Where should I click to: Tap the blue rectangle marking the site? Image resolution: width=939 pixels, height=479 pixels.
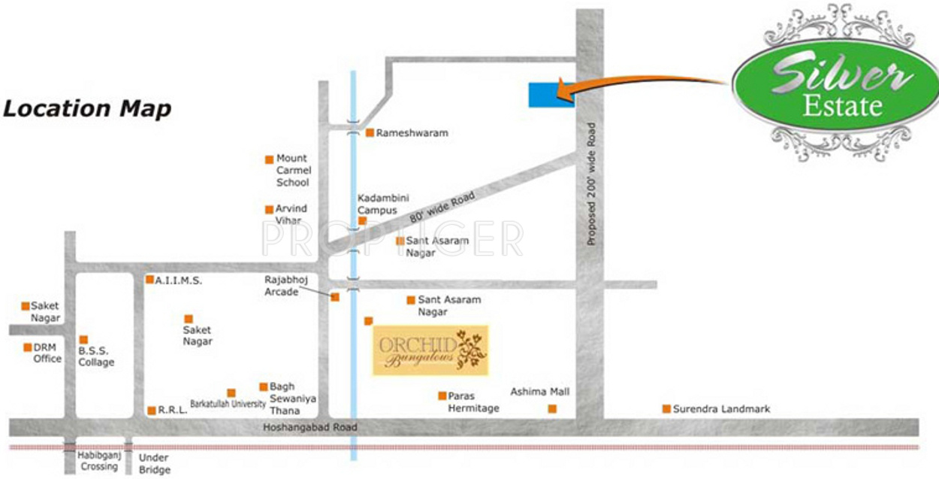click(551, 95)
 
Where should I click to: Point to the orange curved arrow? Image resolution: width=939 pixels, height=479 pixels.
click(646, 80)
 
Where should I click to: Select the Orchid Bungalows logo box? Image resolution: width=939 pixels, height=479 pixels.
click(431, 350)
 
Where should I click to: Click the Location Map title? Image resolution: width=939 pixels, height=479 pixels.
click(86, 108)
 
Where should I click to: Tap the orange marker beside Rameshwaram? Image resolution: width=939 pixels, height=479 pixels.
click(370, 133)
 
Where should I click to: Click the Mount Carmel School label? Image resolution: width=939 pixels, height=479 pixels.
click(292, 170)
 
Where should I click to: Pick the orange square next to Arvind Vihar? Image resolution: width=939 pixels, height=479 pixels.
click(269, 210)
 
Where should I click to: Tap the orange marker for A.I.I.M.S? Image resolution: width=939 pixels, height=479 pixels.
click(149, 280)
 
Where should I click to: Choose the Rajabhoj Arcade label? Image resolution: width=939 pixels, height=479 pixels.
click(282, 285)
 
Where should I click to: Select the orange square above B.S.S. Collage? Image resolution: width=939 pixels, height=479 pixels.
click(83, 340)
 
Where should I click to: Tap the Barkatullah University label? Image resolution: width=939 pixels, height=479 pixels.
click(228, 403)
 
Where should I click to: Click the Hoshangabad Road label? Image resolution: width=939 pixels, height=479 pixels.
click(310, 427)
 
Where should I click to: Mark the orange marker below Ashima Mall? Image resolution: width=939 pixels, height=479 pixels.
click(552, 409)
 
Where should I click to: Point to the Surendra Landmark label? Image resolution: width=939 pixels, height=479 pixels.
click(721, 409)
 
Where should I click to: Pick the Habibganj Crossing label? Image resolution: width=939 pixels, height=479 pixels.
click(98, 461)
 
